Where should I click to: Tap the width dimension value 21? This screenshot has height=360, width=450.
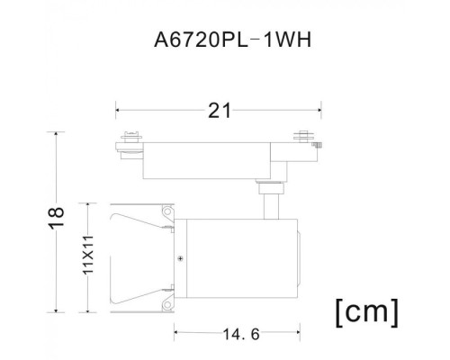point(220,111)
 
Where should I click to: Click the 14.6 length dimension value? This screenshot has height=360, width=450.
point(240,335)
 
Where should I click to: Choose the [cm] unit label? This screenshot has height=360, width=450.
point(365,313)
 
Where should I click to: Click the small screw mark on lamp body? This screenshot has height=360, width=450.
point(181,259)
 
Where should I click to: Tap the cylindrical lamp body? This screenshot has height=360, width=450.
point(238,258)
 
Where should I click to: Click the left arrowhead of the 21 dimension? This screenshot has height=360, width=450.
point(118,111)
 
